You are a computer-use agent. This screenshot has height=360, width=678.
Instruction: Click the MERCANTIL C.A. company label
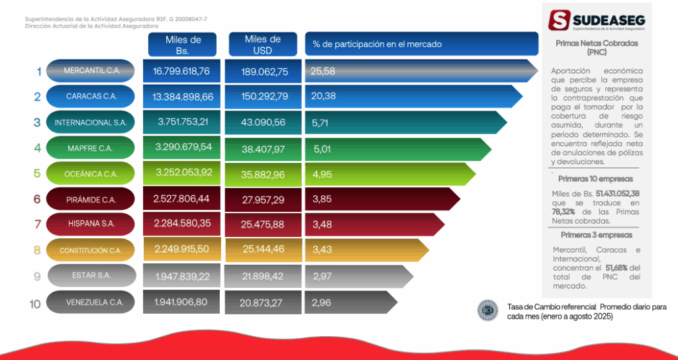pos(91,71)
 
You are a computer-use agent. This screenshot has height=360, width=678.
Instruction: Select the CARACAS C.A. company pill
pos(91,97)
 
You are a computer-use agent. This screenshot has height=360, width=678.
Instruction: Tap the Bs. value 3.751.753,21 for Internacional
pos(183,122)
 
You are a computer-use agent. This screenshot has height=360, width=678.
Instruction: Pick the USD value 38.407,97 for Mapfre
pos(263,150)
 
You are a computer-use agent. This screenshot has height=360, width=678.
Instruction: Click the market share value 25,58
pos(322,71)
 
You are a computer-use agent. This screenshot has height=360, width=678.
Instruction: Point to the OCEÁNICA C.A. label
pos(91,174)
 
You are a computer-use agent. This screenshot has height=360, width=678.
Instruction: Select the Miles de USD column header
pos(263,44)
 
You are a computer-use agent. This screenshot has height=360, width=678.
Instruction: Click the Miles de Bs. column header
pos(183,44)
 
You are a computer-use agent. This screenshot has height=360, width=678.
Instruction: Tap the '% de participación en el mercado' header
pos(377,44)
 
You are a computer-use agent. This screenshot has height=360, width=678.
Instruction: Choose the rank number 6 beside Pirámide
pos(38,199)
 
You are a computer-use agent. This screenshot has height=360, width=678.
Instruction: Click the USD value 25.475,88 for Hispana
pos(263,225)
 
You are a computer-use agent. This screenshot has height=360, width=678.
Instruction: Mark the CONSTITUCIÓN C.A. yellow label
pos(91,251)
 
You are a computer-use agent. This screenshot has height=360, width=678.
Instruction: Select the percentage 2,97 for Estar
pos(321,275)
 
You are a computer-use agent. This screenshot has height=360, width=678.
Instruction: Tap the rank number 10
pos(36,304)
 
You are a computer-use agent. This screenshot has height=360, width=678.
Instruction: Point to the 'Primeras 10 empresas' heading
pos(595,179)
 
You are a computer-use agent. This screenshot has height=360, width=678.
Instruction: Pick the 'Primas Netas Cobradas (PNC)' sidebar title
pos(597,48)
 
